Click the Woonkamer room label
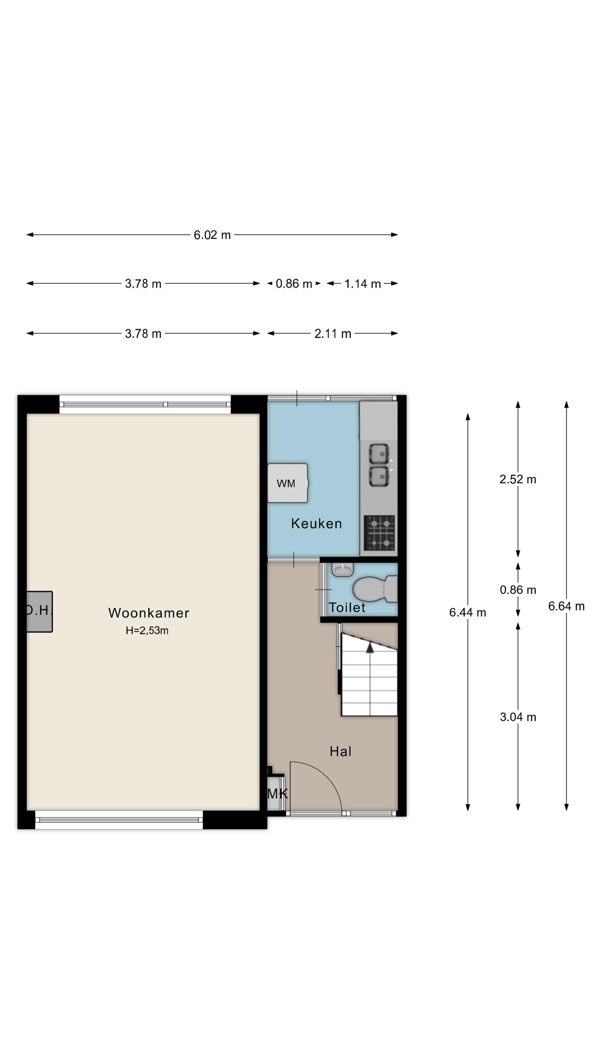[149, 613]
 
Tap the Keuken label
[316, 524]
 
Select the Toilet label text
[347, 607]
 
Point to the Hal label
[341, 751]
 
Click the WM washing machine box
[288, 483]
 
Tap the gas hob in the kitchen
[380, 533]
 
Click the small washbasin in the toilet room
[343, 570]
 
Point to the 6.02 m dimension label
[212, 235]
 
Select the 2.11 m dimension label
[333, 333]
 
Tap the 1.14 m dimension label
[363, 284]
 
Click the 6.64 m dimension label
[566, 606]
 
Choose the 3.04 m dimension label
[518, 717]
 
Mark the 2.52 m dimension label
[518, 479]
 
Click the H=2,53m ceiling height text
[147, 630]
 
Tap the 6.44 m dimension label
[468, 612]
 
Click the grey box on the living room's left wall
[39, 612]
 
